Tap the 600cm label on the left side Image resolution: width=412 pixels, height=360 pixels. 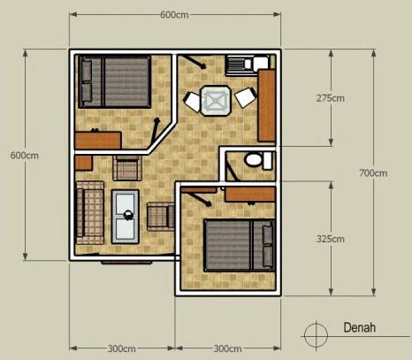[24, 155]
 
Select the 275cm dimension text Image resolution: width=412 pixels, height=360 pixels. [331, 98]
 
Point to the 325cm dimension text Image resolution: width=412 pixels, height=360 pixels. [331, 238]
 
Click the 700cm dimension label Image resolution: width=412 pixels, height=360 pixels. [373, 172]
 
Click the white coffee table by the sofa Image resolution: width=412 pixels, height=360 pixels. [126, 215]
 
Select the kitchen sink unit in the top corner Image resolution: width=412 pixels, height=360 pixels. [240, 65]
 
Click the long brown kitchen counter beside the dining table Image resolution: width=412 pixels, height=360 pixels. [267, 105]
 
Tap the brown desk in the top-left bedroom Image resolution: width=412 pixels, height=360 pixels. [98, 139]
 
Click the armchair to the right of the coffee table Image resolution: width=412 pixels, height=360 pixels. [160, 214]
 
